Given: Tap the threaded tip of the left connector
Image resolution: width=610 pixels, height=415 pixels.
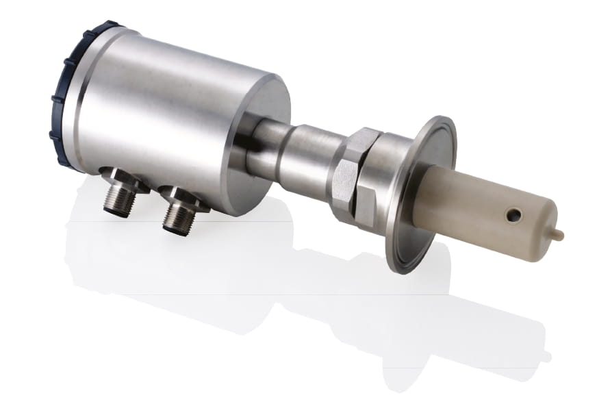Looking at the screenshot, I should tap(120, 206).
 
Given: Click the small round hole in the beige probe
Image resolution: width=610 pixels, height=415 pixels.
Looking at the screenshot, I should tap(513, 216).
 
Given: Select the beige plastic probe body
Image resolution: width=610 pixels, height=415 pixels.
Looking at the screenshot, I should tap(472, 205).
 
